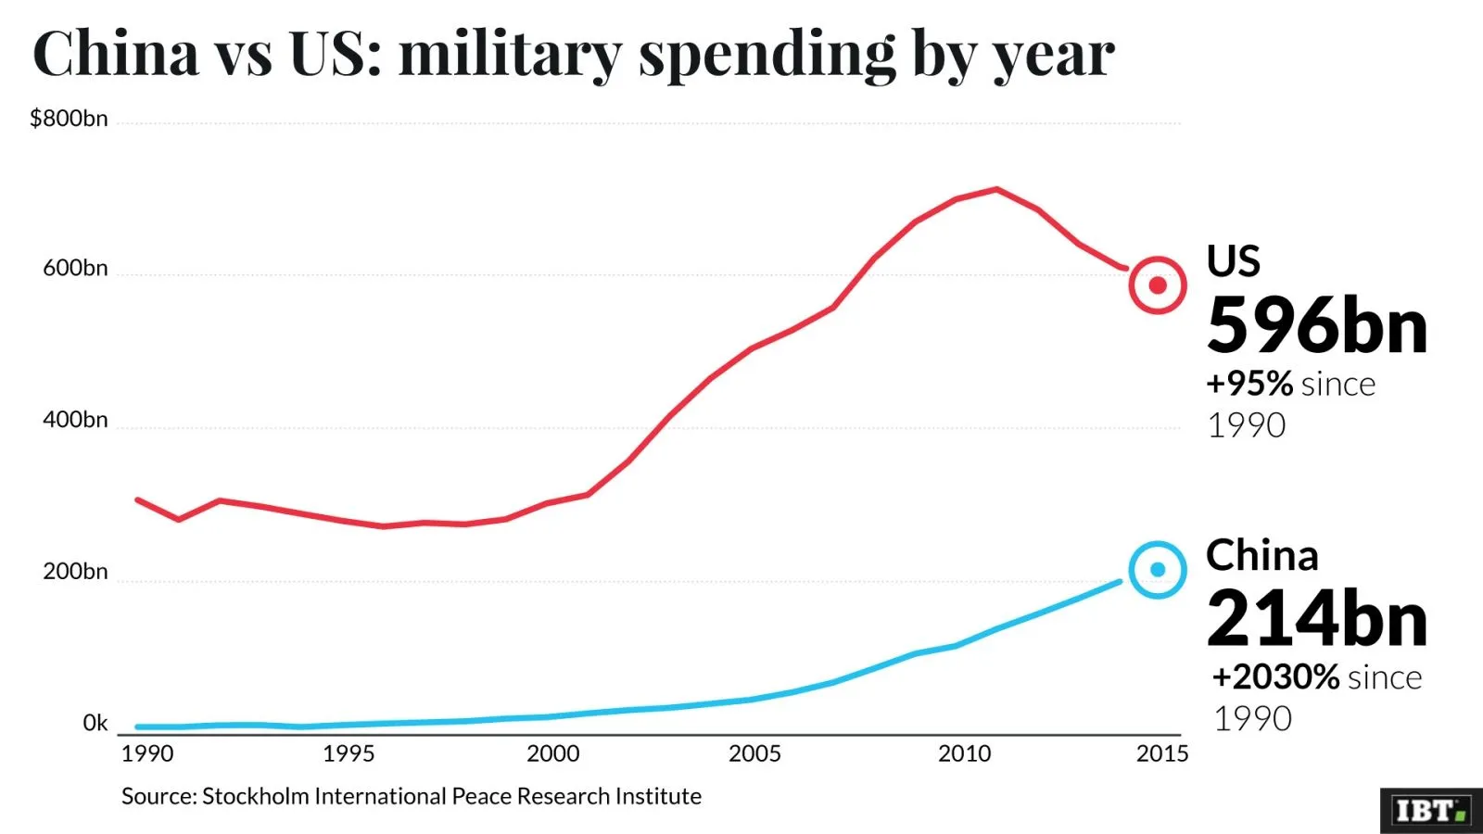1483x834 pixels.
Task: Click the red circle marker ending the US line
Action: pos(1158,285)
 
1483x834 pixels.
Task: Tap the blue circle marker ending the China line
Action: pos(1158,570)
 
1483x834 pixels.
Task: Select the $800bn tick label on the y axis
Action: pos(69,119)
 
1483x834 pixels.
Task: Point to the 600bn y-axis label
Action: pos(75,268)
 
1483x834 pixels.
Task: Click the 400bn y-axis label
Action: pos(75,420)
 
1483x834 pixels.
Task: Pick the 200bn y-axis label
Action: pos(75,572)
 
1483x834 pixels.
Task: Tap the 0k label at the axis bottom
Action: pos(95,723)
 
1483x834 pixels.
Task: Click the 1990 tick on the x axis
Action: pos(147,753)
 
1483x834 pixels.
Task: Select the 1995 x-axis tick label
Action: pos(349,753)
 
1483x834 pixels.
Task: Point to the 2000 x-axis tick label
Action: pos(552,753)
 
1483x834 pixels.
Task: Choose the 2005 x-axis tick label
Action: pos(754,753)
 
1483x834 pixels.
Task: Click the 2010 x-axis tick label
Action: pos(964,753)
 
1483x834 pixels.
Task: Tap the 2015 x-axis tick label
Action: pos(1162,753)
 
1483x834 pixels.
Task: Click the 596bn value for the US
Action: pos(1316,326)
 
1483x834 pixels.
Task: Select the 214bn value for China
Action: pos(1316,619)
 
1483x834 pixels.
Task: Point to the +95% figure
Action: pos(1249,384)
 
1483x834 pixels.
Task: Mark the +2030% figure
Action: pos(1276,677)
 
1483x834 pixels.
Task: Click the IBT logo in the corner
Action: pos(1430,811)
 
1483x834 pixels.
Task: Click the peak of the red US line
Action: pos(996,189)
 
